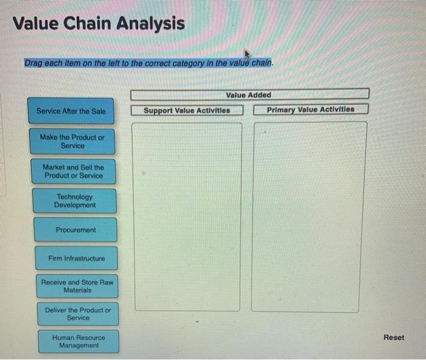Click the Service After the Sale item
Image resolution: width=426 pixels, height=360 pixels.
click(x=71, y=111)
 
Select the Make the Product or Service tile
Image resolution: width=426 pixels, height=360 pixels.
click(x=72, y=142)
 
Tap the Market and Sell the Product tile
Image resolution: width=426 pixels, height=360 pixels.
click(x=73, y=171)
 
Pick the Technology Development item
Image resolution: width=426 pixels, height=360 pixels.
click(x=75, y=201)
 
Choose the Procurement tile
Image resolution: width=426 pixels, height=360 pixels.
click(x=75, y=230)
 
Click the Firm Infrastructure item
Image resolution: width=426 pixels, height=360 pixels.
click(x=76, y=258)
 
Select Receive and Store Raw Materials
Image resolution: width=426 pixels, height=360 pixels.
click(x=77, y=286)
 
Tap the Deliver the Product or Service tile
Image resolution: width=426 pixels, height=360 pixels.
click(x=78, y=314)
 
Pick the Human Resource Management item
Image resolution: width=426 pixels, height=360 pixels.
click(x=79, y=342)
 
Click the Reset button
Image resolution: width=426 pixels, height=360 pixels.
click(x=393, y=337)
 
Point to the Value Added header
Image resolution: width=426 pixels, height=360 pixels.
click(x=249, y=95)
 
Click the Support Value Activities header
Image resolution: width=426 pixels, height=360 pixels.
click(x=187, y=110)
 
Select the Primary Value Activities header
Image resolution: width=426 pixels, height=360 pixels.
click(x=310, y=109)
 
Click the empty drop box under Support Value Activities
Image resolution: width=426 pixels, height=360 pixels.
click(x=187, y=216)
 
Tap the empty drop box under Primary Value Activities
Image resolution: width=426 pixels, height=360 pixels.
click(x=309, y=216)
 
